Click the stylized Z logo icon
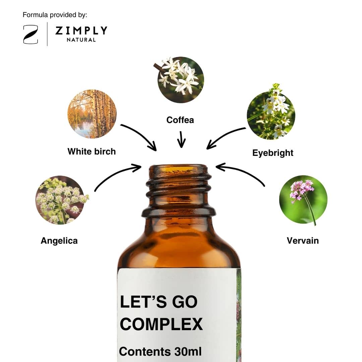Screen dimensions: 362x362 (31, 35)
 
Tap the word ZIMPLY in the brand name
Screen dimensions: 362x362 (81, 31)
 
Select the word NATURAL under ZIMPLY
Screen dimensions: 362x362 (81, 40)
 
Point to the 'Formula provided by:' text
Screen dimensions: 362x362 (55, 15)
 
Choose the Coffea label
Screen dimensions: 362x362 (180, 120)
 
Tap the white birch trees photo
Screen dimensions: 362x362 (92, 114)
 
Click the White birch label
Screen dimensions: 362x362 (92, 152)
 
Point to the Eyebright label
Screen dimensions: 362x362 (273, 153)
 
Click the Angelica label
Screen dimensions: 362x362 (59, 241)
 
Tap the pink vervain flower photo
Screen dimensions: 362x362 (303, 200)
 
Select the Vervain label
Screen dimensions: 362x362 (303, 241)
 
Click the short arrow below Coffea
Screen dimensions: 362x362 (181, 139)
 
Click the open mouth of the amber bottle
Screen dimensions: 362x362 (178, 167)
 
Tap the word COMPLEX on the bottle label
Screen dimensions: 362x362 (161, 324)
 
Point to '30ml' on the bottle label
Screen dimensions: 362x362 (188, 352)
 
